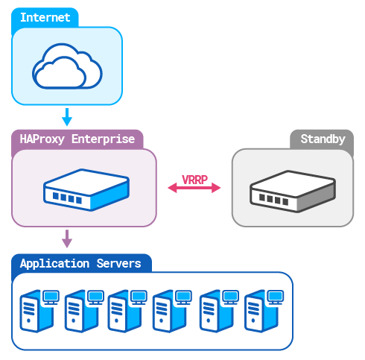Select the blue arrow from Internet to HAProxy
tap(67, 116)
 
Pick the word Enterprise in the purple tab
tap(104, 139)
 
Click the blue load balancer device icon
tap(83, 189)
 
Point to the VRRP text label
tap(194, 179)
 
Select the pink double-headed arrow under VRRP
tap(194, 189)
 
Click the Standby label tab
tap(323, 139)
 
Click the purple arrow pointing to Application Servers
tap(67, 239)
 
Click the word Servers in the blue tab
tap(119, 264)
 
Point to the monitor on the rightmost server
tap(275, 297)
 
